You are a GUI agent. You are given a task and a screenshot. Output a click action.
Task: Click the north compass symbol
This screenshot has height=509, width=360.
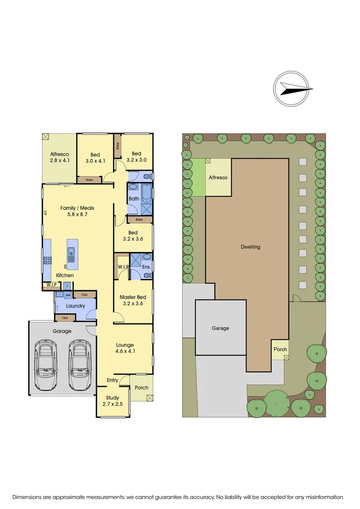pos(294,89)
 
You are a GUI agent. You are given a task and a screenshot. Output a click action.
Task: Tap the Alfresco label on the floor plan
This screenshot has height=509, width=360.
pos(60,157)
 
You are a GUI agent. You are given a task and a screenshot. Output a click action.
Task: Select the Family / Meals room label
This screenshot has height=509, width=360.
pos(77,211)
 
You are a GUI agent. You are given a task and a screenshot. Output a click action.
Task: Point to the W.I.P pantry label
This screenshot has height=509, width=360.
pos(50,285)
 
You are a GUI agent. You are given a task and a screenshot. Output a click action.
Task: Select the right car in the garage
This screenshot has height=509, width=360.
pos(78,364)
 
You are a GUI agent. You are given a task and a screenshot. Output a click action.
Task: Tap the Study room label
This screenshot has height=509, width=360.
pos(112,401)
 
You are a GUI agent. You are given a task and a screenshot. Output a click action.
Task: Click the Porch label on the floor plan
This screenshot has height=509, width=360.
pos(141,388)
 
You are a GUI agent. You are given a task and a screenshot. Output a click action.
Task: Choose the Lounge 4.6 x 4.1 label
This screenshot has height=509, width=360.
pos(125,348)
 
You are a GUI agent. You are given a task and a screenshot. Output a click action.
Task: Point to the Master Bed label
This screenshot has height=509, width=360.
pos(132,300)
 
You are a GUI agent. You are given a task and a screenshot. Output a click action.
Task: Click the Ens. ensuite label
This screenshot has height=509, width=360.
pos(147,267)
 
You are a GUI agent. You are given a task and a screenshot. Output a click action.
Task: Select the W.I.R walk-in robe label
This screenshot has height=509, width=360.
pos(123,267)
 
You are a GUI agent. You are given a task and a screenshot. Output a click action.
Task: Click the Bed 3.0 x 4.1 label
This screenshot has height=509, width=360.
pos(95,158)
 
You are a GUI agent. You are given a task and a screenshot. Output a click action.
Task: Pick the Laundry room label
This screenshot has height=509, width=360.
pos(75,306)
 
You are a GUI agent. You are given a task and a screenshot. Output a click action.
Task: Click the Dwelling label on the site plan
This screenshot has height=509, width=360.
pos(250,246)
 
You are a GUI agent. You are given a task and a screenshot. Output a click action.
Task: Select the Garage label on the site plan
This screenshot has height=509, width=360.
pos(220,328)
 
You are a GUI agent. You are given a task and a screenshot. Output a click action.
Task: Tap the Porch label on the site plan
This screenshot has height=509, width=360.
pos(280,350)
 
